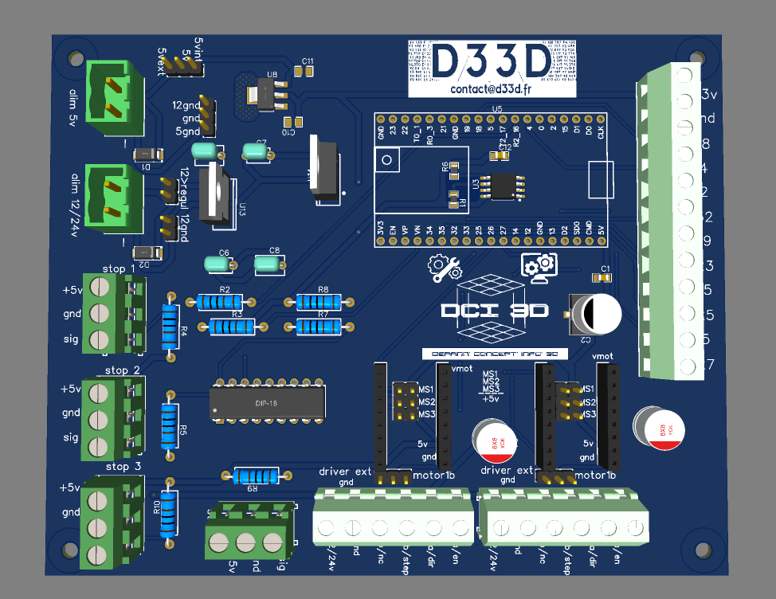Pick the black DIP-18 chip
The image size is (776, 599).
268,401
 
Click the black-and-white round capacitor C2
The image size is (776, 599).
596,313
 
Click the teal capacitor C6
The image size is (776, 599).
218,263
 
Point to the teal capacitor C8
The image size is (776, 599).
269,264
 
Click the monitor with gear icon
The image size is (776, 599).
541,266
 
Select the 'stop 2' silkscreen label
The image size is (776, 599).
122,370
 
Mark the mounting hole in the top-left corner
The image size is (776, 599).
76,58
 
